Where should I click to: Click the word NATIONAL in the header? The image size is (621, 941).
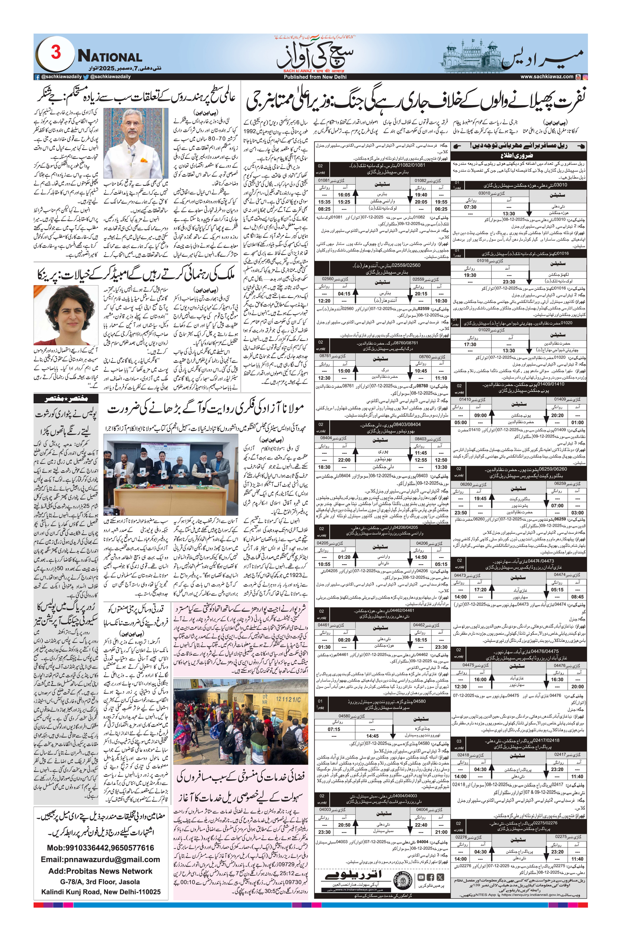[110, 57]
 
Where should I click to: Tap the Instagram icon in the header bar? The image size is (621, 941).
[585, 77]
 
